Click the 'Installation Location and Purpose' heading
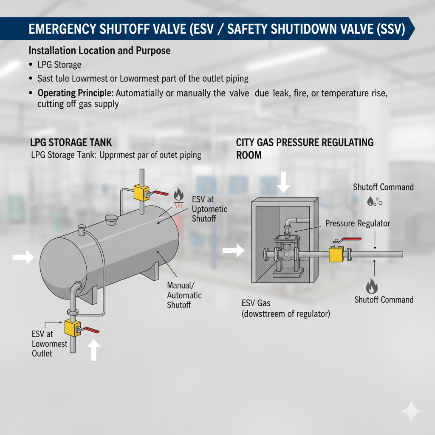tap(99, 51)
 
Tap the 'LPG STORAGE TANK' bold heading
tap(71, 142)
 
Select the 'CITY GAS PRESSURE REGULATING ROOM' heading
tap(305, 148)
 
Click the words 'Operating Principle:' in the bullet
tap(76, 93)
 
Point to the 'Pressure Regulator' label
tap(358, 223)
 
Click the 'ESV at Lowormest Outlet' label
tap(49, 344)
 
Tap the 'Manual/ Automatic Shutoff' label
tap(184, 295)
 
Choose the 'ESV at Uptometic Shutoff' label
tap(209, 209)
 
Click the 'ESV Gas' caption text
tap(256, 303)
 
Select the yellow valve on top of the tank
tap(142, 192)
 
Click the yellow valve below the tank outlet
tap(72, 328)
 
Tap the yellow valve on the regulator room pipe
tap(336, 254)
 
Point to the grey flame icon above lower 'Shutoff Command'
tap(372, 286)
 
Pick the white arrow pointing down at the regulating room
tap(283, 182)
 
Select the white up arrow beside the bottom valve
tap(94, 350)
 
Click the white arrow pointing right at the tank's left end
tap(23, 257)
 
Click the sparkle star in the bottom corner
tap(411, 411)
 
